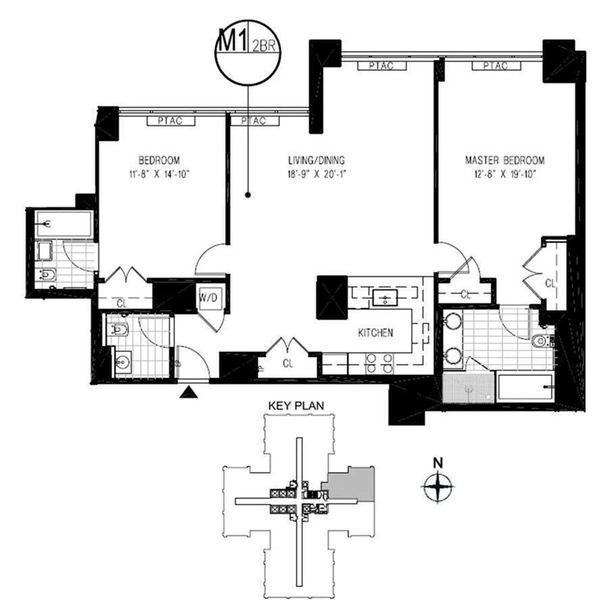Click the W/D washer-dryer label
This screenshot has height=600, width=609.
click(x=208, y=298)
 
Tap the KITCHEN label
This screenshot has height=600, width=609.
click(x=375, y=333)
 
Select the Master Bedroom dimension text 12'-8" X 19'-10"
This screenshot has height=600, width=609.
click(x=505, y=175)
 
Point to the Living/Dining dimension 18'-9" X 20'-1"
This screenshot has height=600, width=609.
click(x=316, y=175)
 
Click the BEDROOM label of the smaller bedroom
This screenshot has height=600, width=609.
click(x=159, y=160)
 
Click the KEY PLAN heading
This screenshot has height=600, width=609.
click(x=296, y=406)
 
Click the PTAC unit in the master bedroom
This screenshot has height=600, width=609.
click(x=496, y=66)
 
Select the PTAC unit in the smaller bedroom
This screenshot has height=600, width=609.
click(x=171, y=121)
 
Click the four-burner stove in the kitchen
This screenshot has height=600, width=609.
click(x=379, y=363)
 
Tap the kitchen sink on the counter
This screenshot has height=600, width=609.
click(x=385, y=297)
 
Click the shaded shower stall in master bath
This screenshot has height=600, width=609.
click(x=468, y=388)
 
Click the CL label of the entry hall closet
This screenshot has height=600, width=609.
click(x=288, y=363)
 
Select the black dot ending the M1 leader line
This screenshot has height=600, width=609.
click(x=248, y=195)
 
